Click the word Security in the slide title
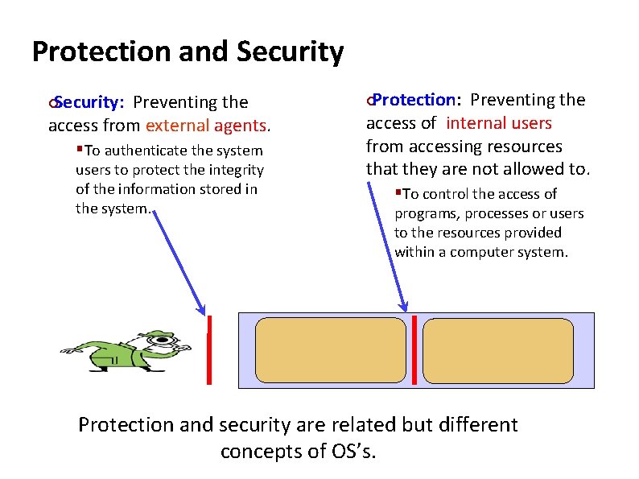(291, 52)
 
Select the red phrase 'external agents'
(207, 126)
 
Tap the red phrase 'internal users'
(499, 123)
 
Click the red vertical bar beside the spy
(209, 350)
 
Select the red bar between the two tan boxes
(414, 350)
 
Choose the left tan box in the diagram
(331, 350)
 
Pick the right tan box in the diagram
(498, 350)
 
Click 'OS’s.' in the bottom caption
(353, 451)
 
